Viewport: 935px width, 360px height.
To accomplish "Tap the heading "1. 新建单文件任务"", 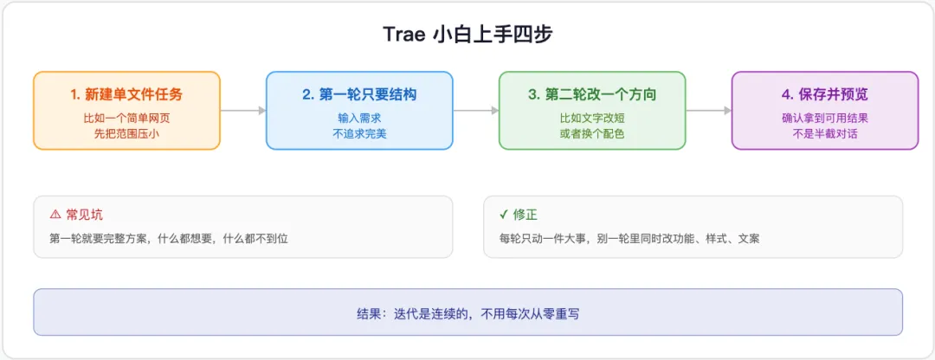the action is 126,94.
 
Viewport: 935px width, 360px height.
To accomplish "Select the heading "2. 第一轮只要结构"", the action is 359,94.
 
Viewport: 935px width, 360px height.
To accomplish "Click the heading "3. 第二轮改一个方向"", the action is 592,94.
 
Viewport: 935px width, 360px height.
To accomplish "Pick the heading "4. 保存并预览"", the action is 825,94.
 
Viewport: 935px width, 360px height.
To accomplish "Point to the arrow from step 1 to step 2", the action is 243,110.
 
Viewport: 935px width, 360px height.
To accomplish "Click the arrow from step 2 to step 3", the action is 476,110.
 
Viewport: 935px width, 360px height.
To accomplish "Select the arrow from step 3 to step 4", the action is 709,110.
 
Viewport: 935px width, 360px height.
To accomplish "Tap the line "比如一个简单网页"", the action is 126,118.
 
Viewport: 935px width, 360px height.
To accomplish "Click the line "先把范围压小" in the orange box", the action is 126,133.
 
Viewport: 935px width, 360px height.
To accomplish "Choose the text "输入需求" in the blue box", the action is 359,118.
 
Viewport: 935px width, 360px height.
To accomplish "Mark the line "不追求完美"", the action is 359,133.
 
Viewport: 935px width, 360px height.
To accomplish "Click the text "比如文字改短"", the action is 592,118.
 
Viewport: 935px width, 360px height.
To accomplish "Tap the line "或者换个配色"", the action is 592,133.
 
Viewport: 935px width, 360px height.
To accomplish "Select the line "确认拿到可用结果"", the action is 825,118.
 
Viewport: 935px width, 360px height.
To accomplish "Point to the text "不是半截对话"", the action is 825,133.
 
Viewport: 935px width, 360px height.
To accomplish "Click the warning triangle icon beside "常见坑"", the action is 55,215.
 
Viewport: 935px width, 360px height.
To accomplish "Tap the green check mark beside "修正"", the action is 504,215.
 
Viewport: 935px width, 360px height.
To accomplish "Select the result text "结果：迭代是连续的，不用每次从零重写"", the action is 467,313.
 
